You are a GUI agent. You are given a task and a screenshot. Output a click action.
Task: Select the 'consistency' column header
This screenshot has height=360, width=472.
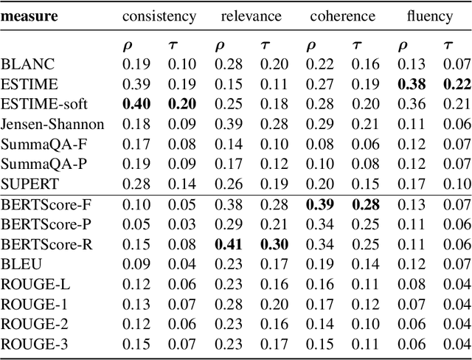click(160, 15)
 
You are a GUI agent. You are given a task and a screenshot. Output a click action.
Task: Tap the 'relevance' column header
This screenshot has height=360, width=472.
click(251, 15)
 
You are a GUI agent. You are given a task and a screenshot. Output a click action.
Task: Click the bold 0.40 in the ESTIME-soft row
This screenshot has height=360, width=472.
click(136, 105)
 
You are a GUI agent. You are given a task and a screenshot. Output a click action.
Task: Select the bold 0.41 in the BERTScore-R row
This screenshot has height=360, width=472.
click(229, 245)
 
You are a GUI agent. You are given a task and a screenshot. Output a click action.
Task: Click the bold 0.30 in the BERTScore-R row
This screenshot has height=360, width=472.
click(274, 245)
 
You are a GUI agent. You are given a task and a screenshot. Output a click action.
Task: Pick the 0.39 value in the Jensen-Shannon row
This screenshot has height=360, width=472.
click(229, 124)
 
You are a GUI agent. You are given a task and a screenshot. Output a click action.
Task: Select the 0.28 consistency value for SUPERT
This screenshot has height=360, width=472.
click(136, 181)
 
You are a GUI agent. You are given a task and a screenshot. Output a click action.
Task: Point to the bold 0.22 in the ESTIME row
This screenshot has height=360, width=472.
click(458, 86)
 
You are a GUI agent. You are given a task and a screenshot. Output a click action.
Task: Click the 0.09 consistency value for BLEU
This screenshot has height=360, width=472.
click(136, 264)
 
